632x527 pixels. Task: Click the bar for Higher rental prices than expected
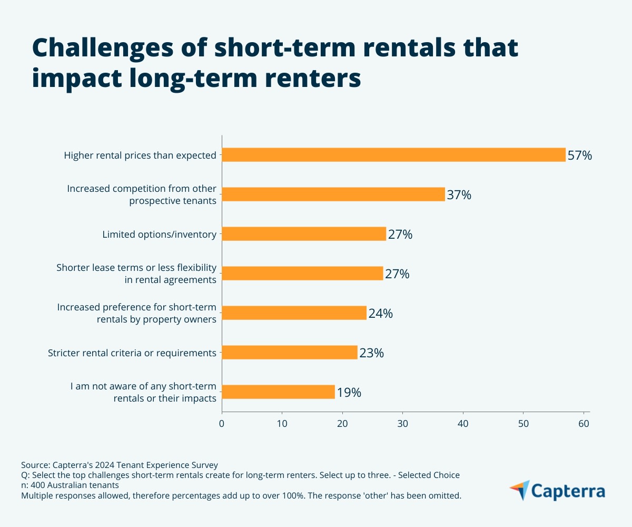[x=393, y=154]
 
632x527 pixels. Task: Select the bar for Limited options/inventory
[x=304, y=234]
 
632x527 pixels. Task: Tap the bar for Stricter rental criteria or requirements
[x=290, y=353]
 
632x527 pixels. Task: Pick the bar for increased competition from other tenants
[x=333, y=194]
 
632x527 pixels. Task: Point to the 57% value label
[x=580, y=155]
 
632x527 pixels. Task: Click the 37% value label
[x=459, y=195]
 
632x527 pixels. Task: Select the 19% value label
[x=349, y=393]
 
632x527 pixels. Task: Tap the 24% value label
[x=380, y=314]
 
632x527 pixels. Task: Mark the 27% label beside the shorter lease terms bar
[x=397, y=274]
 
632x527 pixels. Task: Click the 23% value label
[x=371, y=353]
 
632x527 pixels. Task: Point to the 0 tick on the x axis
[x=222, y=423]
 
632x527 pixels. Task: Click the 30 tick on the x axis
[x=403, y=423]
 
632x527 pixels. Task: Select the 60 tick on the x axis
[x=584, y=423]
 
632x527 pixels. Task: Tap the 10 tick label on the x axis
[x=282, y=423]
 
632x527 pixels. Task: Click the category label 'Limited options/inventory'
[x=159, y=234]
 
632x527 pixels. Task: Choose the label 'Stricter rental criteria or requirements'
[x=132, y=353]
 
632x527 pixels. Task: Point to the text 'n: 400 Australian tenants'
[x=70, y=485]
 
